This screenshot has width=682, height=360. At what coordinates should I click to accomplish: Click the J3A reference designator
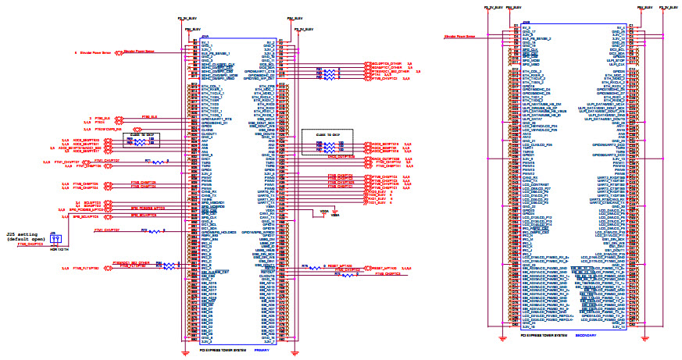coord(205,36)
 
